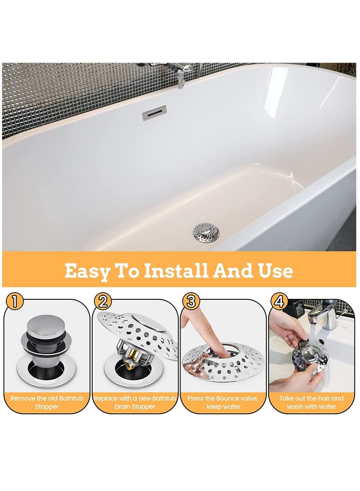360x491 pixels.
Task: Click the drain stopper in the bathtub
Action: pyautogui.click(x=206, y=232)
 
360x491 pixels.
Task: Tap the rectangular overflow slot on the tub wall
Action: pyautogui.click(x=154, y=113)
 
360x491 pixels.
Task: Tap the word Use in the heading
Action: pyautogui.click(x=274, y=270)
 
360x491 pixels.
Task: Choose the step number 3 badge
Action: pyautogui.click(x=190, y=301)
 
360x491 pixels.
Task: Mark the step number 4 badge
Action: pyautogui.click(x=279, y=301)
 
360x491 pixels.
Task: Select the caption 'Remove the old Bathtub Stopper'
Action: pyautogui.click(x=47, y=402)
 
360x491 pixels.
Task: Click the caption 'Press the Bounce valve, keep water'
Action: pyautogui.click(x=224, y=402)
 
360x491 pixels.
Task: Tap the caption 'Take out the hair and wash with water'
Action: pyautogui.click(x=311, y=402)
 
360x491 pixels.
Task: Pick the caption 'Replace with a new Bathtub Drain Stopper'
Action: pyautogui.click(x=136, y=402)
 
